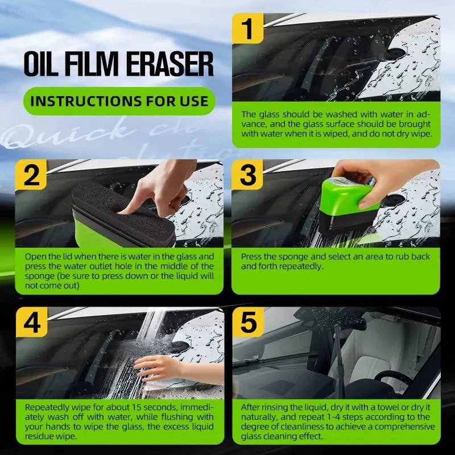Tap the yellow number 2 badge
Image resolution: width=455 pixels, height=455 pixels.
click(x=31, y=176)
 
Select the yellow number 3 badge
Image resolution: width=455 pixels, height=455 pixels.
click(x=248, y=176)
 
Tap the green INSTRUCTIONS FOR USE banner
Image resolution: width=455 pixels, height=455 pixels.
click(x=119, y=102)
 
